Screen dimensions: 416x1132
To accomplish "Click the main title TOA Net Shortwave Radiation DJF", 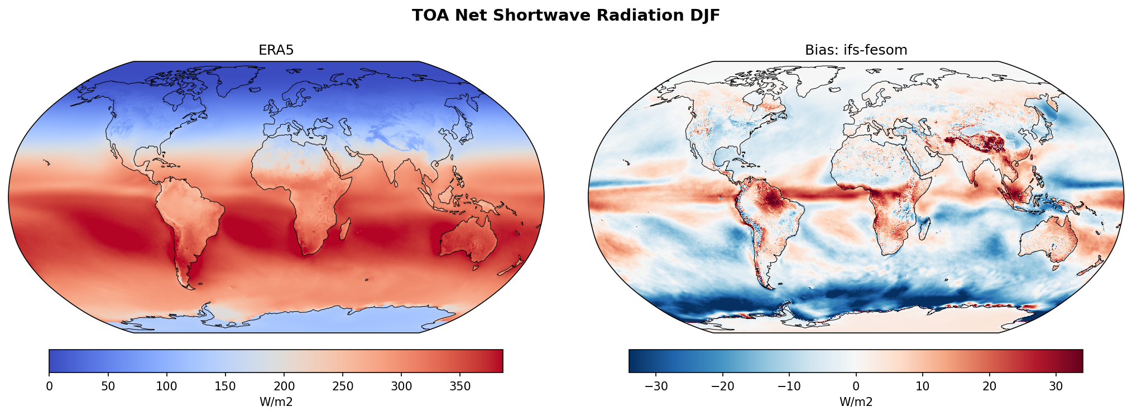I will (x=565, y=16).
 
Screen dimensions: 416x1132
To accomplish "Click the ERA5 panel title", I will (x=276, y=50).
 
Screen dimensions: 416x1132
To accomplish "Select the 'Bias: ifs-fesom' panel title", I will (x=856, y=50).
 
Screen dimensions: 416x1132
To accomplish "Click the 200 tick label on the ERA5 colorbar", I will (x=284, y=386).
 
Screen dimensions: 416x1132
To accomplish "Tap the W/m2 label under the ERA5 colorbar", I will (x=276, y=402).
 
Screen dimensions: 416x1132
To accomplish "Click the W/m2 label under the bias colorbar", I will (x=856, y=402).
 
